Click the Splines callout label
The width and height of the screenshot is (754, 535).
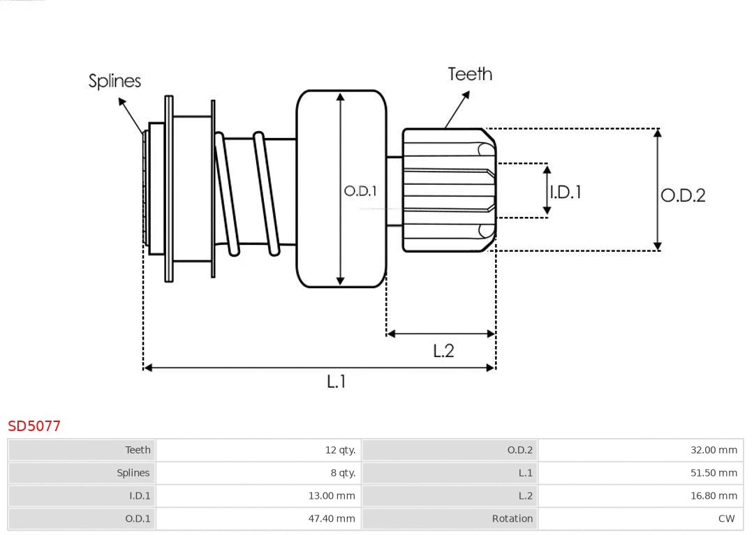(114, 81)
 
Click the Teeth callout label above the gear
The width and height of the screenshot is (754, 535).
(469, 74)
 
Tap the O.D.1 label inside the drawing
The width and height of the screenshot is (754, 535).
(360, 190)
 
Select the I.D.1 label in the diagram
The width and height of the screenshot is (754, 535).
(565, 192)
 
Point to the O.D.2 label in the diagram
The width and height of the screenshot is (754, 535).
(683, 195)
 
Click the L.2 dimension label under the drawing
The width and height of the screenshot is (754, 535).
(443, 350)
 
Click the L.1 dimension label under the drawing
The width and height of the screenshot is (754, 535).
(337, 382)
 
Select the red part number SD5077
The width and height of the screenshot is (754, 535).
(34, 425)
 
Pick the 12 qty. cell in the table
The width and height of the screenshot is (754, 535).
(340, 450)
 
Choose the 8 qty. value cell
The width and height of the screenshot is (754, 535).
(342, 473)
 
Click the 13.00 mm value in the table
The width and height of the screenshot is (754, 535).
(332, 496)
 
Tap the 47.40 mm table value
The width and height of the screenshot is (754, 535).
(332, 518)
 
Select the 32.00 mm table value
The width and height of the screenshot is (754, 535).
(714, 450)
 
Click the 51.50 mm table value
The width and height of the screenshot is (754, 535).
(714, 473)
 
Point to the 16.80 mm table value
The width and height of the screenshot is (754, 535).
(714, 496)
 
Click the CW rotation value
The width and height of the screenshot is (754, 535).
(726, 518)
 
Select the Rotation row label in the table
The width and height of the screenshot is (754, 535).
(512, 518)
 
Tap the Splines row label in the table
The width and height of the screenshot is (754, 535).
(133, 473)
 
